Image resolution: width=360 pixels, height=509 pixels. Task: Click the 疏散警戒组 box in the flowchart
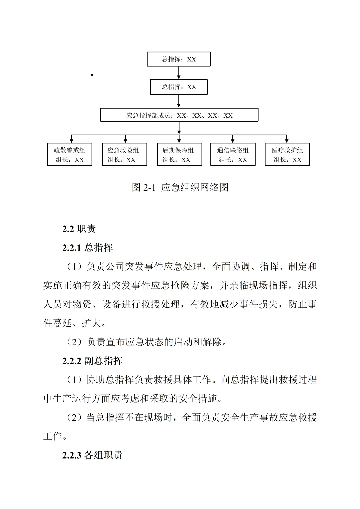[69, 154]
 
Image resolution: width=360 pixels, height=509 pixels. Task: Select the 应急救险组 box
[124, 154]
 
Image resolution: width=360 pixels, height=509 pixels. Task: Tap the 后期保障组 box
[179, 154]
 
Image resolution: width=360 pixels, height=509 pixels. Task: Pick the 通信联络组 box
[233, 154]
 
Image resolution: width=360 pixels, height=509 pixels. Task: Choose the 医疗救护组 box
[287, 154]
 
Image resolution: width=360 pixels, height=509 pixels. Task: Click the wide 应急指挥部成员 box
[179, 115]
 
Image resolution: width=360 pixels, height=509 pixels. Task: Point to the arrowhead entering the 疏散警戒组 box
[71, 141]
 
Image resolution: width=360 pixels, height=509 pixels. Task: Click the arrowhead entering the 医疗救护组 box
[286, 141]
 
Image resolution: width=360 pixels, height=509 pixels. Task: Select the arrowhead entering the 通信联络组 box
[233, 141]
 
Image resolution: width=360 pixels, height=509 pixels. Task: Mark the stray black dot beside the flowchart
[92, 75]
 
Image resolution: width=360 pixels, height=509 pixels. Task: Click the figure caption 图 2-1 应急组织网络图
[180, 187]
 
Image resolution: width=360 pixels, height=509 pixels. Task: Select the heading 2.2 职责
[79, 229]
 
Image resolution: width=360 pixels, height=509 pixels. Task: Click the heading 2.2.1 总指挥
[88, 248]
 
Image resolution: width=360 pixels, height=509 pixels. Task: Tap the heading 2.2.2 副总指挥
[92, 361]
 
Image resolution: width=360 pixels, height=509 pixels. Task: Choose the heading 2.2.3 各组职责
[92, 455]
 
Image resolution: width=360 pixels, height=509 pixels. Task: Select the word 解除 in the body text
[212, 342]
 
